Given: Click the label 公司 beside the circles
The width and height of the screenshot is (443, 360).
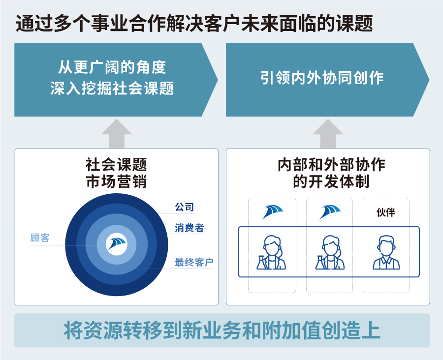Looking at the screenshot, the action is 184,207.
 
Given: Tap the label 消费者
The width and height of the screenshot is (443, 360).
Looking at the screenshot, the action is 189,228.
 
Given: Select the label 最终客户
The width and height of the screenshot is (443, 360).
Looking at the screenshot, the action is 194,262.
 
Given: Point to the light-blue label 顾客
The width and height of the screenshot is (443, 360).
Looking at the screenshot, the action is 40,238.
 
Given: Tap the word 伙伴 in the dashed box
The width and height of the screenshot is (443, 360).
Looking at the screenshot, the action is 385,212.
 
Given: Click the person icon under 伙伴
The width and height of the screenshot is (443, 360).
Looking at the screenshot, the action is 386,252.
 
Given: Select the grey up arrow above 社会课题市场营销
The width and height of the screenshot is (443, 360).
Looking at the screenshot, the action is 116,134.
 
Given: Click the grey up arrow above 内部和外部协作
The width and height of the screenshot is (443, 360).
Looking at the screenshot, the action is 328,134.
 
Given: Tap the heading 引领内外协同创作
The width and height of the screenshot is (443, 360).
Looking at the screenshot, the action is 322,78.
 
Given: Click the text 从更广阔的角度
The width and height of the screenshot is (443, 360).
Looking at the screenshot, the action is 112,67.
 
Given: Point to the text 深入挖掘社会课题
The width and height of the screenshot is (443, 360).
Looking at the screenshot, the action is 112,88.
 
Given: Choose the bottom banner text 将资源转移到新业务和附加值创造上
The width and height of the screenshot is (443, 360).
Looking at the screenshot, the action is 222,330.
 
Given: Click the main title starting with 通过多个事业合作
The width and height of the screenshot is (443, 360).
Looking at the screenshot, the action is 194,24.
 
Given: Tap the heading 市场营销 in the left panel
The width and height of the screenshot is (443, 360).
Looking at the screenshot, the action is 116,181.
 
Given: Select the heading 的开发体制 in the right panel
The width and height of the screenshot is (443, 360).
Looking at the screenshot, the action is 331,181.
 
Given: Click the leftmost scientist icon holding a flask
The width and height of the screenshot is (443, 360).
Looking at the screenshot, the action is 271,252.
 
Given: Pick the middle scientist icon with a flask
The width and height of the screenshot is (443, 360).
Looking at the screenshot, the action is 330,252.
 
